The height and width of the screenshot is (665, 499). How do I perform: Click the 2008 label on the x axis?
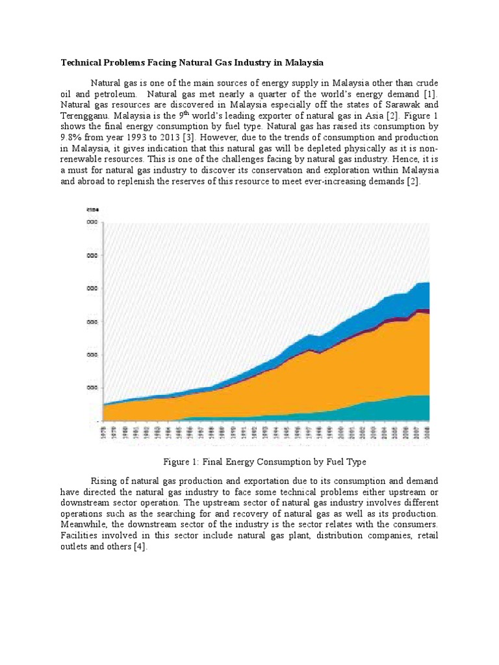426,433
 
